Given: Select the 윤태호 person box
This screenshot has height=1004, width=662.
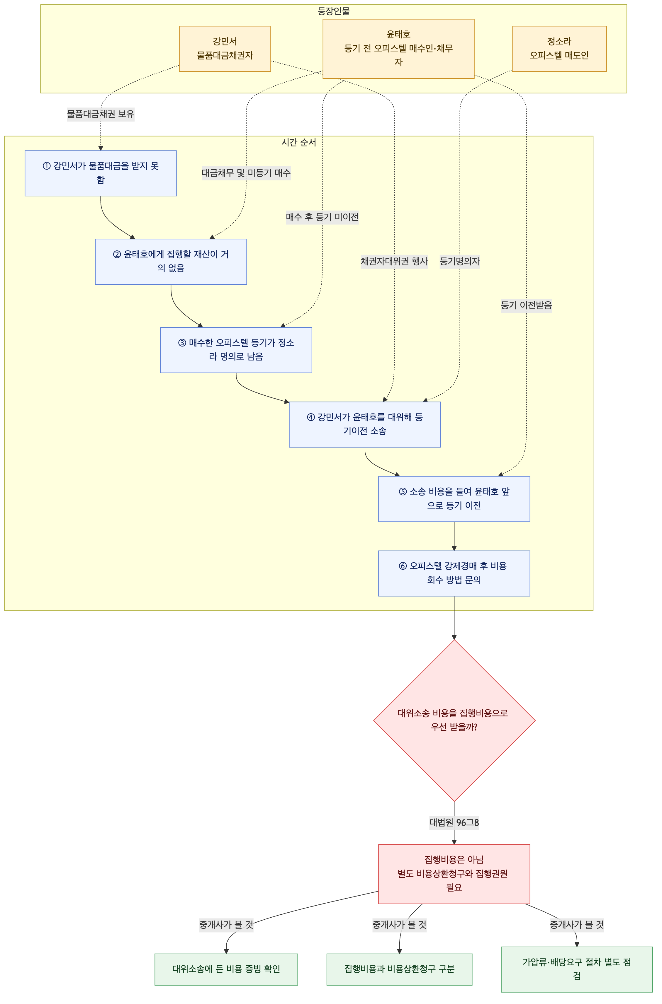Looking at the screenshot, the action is click(398, 49).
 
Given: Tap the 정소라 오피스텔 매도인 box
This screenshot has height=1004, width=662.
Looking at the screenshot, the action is click(559, 49).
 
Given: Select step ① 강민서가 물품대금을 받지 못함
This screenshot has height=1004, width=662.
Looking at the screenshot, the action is click(101, 173).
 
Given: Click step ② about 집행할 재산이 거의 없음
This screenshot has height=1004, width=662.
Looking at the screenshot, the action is click(171, 262).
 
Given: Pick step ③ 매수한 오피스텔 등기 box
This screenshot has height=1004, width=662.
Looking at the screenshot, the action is click(236, 350).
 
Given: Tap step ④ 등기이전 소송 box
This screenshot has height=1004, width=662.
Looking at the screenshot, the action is click(365, 424).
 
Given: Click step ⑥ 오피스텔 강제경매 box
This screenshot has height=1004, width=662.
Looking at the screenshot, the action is click(454, 573).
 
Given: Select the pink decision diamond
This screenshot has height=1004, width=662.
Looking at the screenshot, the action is click(454, 720).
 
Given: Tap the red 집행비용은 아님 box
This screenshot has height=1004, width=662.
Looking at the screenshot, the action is click(454, 874).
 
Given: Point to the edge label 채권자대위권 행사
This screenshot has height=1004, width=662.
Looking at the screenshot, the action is click(394, 262).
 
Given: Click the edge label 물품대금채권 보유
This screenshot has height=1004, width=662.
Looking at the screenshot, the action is click(101, 114).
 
